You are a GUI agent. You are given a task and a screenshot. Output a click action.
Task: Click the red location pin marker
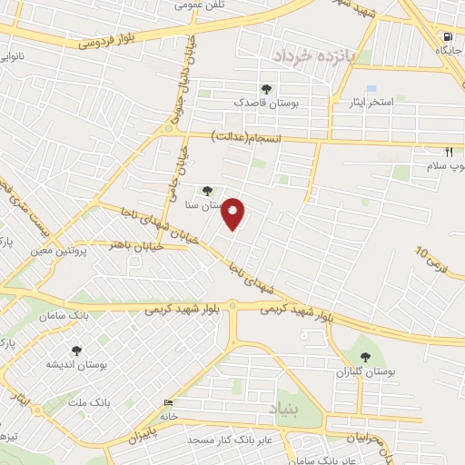(x=234, y=213)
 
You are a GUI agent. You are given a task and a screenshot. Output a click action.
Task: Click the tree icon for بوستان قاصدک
(x=265, y=89)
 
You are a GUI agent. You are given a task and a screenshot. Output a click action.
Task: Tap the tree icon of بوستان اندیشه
(x=76, y=350)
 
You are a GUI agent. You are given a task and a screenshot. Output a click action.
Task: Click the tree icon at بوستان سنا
(x=208, y=191)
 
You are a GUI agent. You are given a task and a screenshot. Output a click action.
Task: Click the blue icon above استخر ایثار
(x=371, y=89)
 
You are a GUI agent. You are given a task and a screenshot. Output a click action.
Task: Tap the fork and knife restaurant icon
(x=448, y=153)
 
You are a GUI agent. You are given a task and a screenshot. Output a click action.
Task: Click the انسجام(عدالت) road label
(x=247, y=137)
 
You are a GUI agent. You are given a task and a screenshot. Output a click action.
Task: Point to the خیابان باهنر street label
(x=135, y=245)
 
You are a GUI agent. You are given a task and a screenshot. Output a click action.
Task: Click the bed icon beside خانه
(x=167, y=402)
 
